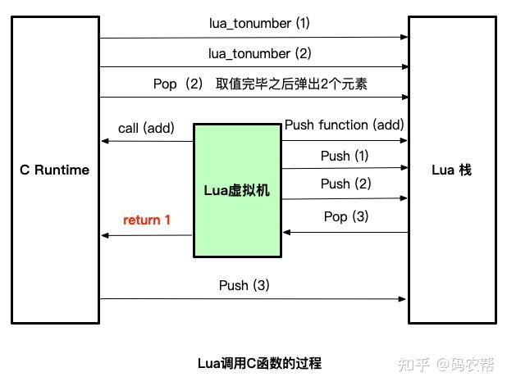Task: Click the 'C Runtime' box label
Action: tap(55, 170)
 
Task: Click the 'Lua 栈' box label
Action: tap(451, 170)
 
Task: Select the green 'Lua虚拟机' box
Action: tap(237, 190)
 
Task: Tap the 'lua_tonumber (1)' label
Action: tap(259, 23)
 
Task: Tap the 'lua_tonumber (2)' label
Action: tap(259, 53)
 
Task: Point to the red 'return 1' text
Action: tap(147, 220)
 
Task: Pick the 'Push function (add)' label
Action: tap(344, 125)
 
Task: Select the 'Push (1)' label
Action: tap(345, 156)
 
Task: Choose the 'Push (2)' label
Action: tap(345, 184)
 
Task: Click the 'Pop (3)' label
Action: tap(346, 216)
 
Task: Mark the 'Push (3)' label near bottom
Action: tap(244, 285)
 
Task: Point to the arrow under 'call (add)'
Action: tap(147, 141)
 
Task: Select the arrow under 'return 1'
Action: tap(147, 235)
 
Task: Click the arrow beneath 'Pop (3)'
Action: tap(345, 232)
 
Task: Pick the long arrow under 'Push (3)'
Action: tap(253, 299)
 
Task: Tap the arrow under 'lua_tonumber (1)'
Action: tap(253, 37)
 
